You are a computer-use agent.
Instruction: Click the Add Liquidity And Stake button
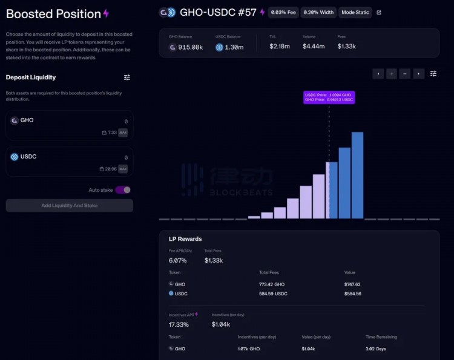tap(70, 206)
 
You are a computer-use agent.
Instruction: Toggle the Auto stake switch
tap(123, 190)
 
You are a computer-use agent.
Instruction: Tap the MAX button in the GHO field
tap(123, 133)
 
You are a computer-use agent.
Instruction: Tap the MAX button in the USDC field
tap(123, 169)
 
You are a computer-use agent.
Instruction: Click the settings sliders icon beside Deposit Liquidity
tap(127, 77)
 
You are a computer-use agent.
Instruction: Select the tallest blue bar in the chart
tap(357, 175)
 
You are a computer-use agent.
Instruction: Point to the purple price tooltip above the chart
tap(329, 97)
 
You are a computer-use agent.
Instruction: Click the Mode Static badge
tap(355, 12)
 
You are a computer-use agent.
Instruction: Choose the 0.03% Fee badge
tap(283, 12)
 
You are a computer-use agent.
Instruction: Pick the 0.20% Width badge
tap(318, 12)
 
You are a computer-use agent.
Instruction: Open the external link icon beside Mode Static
tap(379, 12)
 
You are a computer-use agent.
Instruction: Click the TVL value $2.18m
tap(280, 47)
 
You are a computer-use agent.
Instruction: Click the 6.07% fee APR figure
tap(178, 260)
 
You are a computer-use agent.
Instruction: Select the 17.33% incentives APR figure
tap(179, 324)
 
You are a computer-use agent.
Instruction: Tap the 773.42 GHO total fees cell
tap(272, 284)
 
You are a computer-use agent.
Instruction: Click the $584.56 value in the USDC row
tap(352, 293)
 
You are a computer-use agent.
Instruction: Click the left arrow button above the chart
tap(378, 74)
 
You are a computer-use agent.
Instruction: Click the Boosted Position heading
tap(53, 14)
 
